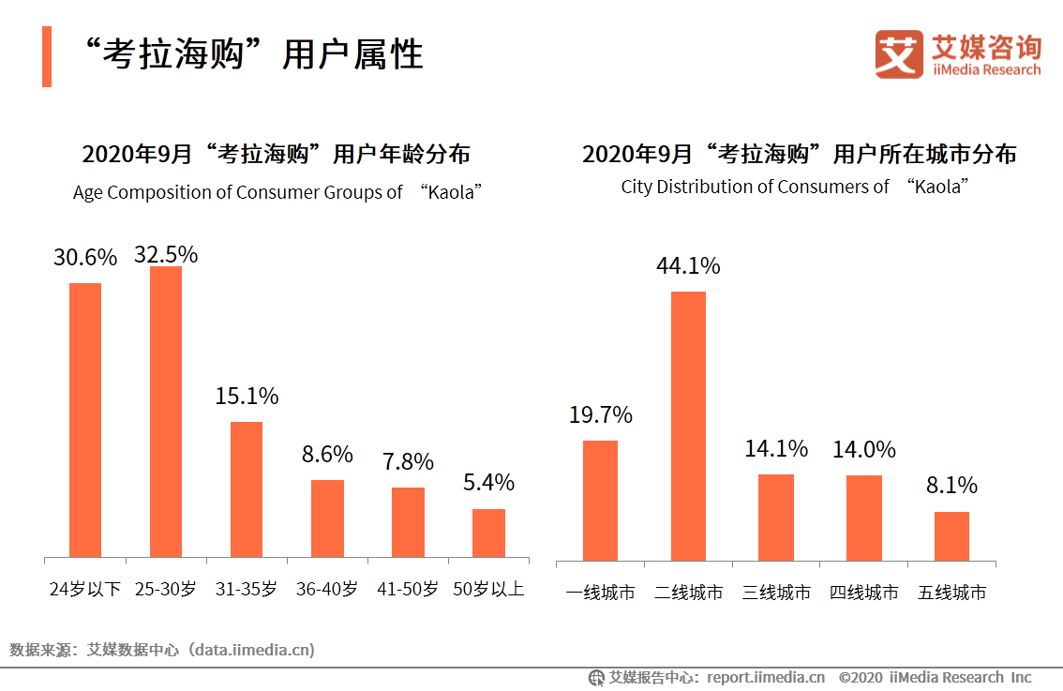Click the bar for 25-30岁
166,412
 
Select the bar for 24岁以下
85,420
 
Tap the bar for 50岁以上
488,533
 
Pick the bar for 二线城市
688,426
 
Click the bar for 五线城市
951,536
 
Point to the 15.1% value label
247,397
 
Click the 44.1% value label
688,266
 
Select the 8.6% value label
327,455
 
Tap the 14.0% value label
863,450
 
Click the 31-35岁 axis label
247,590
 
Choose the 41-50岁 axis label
408,590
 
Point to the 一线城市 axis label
600,593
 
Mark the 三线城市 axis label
776,593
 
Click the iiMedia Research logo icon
899,54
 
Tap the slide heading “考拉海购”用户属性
252,54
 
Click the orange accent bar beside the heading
47,56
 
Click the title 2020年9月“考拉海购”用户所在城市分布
799,154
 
